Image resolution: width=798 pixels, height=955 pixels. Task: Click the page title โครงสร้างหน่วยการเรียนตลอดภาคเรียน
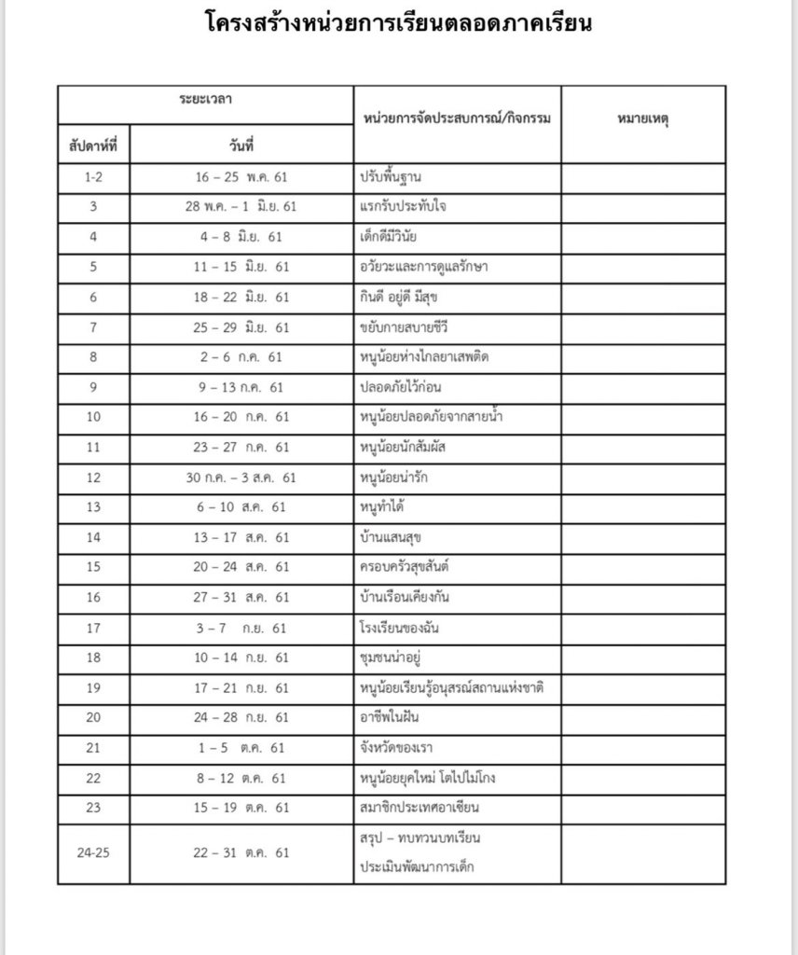pos(398,22)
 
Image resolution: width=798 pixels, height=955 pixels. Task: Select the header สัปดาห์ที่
pos(93,145)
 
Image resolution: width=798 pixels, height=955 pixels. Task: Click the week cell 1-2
pos(93,175)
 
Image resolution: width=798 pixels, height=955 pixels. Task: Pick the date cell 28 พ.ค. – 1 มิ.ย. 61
pos(241,205)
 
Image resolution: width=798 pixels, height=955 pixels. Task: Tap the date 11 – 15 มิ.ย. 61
pos(241,267)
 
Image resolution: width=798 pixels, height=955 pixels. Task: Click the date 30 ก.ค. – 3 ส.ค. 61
pos(241,477)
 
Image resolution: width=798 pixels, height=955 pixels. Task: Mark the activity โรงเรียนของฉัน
pos(402,629)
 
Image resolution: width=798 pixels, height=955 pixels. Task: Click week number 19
pos(93,688)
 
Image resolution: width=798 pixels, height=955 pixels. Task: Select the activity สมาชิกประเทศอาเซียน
pos(418,809)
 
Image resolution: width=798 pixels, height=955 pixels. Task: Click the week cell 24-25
pos(93,852)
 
